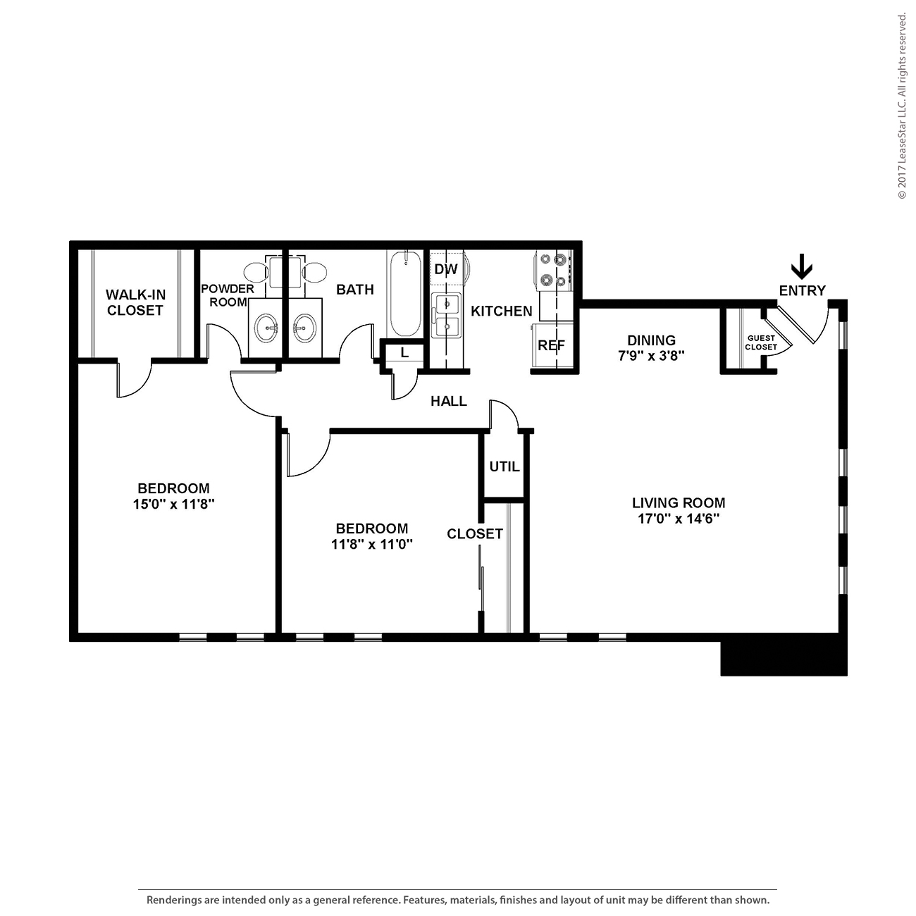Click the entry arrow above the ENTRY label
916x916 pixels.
(x=802, y=267)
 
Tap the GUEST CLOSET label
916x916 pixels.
(x=761, y=342)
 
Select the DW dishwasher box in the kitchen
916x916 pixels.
(x=445, y=269)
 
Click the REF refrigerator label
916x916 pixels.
(x=551, y=345)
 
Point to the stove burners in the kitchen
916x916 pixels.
(x=552, y=271)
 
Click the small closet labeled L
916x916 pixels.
(x=404, y=353)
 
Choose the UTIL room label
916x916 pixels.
(x=505, y=466)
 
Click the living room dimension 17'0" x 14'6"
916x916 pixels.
(x=678, y=519)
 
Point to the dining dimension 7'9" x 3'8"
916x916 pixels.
(x=652, y=356)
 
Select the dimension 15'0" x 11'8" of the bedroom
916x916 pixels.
(x=173, y=505)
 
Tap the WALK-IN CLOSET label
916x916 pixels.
(x=135, y=302)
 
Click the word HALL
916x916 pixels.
(x=449, y=401)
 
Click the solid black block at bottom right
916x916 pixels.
(x=783, y=658)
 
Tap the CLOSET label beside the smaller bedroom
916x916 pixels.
(x=475, y=533)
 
